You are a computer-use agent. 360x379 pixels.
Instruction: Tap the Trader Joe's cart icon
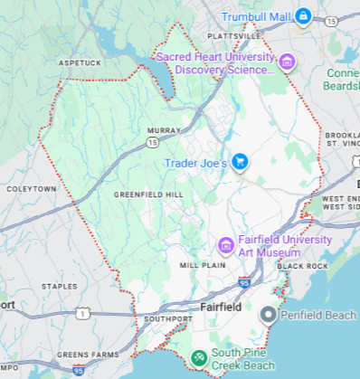[240, 163]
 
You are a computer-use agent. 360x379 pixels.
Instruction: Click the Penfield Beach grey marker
[268, 315]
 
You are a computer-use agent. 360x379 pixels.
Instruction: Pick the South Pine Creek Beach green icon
[198, 359]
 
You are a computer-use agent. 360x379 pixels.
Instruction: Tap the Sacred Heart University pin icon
[287, 62]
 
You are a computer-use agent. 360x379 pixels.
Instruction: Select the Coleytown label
[30, 189]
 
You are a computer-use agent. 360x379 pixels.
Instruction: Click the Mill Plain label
[201, 265]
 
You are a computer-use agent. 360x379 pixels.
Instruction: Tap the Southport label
[167, 319]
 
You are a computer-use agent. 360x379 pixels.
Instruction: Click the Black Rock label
[302, 266]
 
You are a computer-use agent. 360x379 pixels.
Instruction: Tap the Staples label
[61, 286]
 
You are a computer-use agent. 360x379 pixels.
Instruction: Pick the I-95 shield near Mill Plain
[244, 283]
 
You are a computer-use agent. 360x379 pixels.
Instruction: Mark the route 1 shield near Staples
[82, 313]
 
